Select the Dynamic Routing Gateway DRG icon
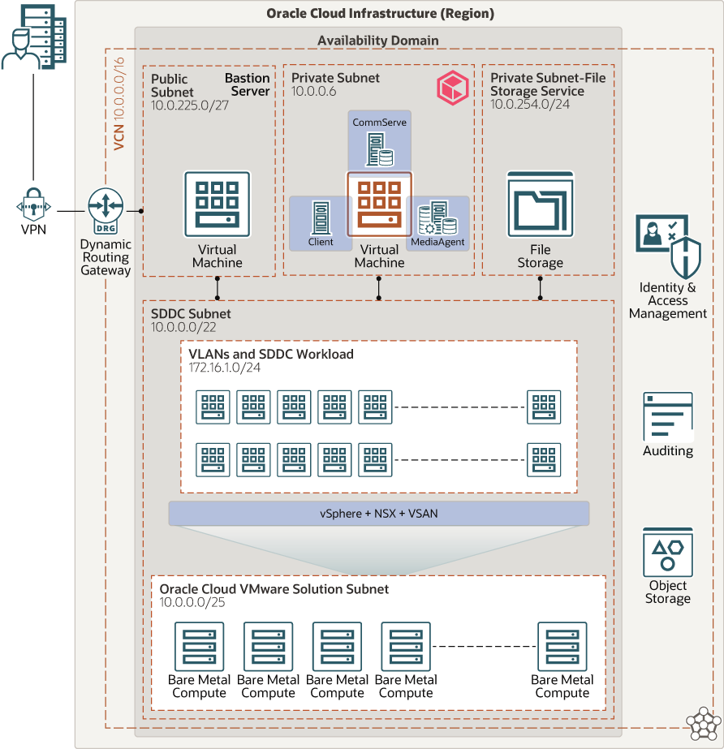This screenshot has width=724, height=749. coord(106,208)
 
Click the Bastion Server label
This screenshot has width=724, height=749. coord(247,84)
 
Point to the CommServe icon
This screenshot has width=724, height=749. coord(379,149)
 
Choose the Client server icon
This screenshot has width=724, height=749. coord(321,217)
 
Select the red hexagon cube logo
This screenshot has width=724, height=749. coord(452,86)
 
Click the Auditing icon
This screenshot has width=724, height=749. coord(668,416)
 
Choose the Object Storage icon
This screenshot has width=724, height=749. coord(668,552)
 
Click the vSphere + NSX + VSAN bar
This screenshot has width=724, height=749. coord(379,513)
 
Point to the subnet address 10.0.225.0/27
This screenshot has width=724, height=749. coord(188,105)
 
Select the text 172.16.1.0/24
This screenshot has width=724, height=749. coord(224,368)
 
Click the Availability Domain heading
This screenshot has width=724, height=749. coord(377,41)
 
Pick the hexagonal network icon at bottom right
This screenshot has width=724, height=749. coord(703,725)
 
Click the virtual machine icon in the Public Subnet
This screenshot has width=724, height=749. coord(217,204)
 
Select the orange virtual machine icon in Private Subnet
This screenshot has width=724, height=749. coord(379,204)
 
